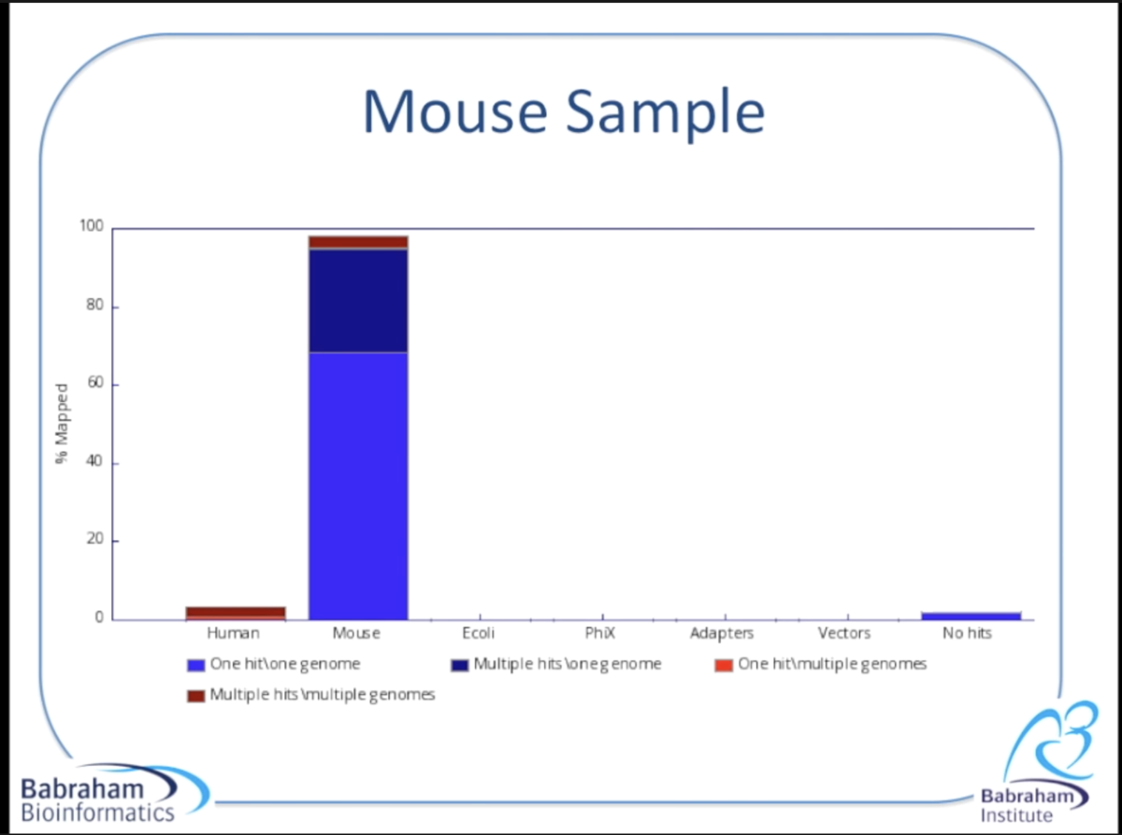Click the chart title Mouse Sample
pos(564,112)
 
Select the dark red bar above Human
pos(236,612)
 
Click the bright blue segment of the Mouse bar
pos(358,486)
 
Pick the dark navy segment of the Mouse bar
pos(358,300)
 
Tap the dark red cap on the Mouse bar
pos(358,242)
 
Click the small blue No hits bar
pos(971,616)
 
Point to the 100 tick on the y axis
pos(91,225)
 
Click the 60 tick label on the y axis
pos(95,382)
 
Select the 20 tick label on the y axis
pos(95,539)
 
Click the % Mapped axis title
pos(62,424)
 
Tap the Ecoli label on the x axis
pos(478,633)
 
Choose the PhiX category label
pos(600,633)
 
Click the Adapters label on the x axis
pos(722,634)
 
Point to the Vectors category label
pos(844,633)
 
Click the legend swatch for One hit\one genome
pos(195,665)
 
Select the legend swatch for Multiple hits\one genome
pos(460,665)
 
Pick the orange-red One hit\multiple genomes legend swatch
pos(724,665)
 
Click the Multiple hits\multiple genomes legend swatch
pos(195,696)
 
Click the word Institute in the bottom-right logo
pos(1016,815)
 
